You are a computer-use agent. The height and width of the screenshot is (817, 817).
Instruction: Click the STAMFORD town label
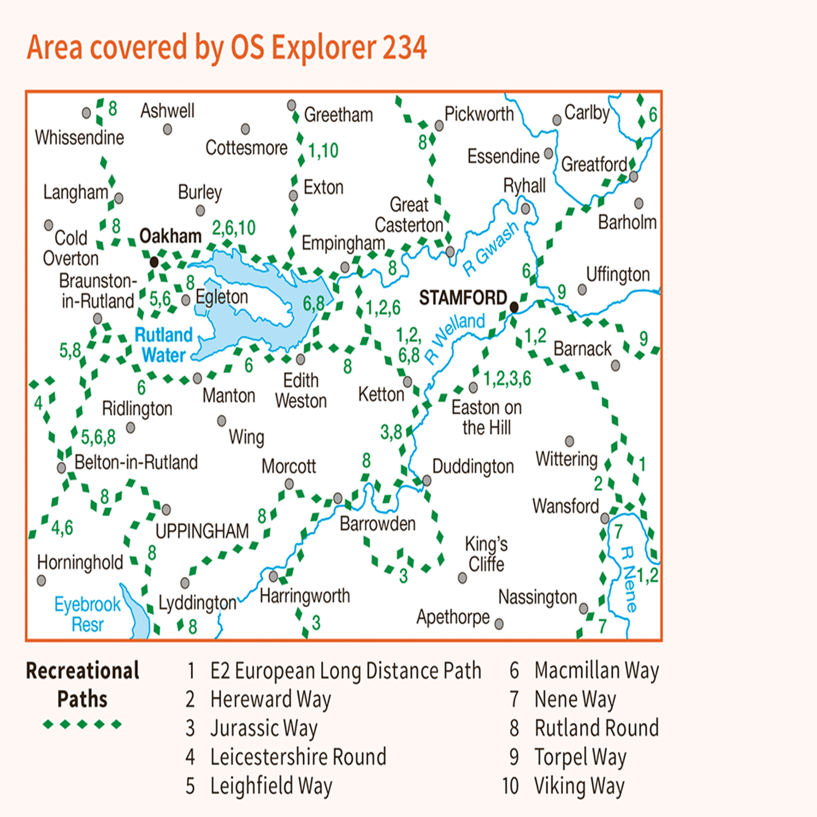click(463, 297)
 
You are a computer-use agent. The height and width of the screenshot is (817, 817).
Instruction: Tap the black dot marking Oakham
click(154, 262)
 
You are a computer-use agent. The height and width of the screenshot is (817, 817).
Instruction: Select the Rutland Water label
click(164, 345)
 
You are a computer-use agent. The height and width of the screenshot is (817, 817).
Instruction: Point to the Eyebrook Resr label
click(88, 614)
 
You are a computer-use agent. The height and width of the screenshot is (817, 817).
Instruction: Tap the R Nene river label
click(628, 579)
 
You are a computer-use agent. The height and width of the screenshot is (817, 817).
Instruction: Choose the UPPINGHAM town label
click(202, 531)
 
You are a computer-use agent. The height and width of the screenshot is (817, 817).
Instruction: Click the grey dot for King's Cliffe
click(462, 578)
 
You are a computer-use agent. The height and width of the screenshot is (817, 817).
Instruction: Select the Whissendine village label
click(80, 137)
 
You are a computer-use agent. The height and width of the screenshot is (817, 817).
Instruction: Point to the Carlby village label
click(587, 113)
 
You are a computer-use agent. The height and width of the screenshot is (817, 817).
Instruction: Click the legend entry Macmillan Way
click(597, 670)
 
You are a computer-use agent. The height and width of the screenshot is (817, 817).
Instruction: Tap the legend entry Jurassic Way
click(264, 728)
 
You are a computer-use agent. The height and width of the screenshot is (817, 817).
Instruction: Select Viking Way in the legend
click(579, 786)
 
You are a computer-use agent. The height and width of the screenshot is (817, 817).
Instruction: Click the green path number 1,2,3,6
click(507, 378)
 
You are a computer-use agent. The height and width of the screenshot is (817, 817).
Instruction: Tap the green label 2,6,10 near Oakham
click(234, 228)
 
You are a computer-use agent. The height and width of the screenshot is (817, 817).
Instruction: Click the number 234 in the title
click(404, 47)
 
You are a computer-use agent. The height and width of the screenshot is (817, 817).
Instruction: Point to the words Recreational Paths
click(83, 685)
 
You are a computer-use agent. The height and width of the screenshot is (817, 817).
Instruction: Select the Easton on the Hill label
click(486, 417)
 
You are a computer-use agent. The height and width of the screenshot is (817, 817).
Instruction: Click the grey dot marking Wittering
click(569, 441)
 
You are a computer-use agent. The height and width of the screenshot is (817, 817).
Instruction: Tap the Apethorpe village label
click(453, 617)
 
